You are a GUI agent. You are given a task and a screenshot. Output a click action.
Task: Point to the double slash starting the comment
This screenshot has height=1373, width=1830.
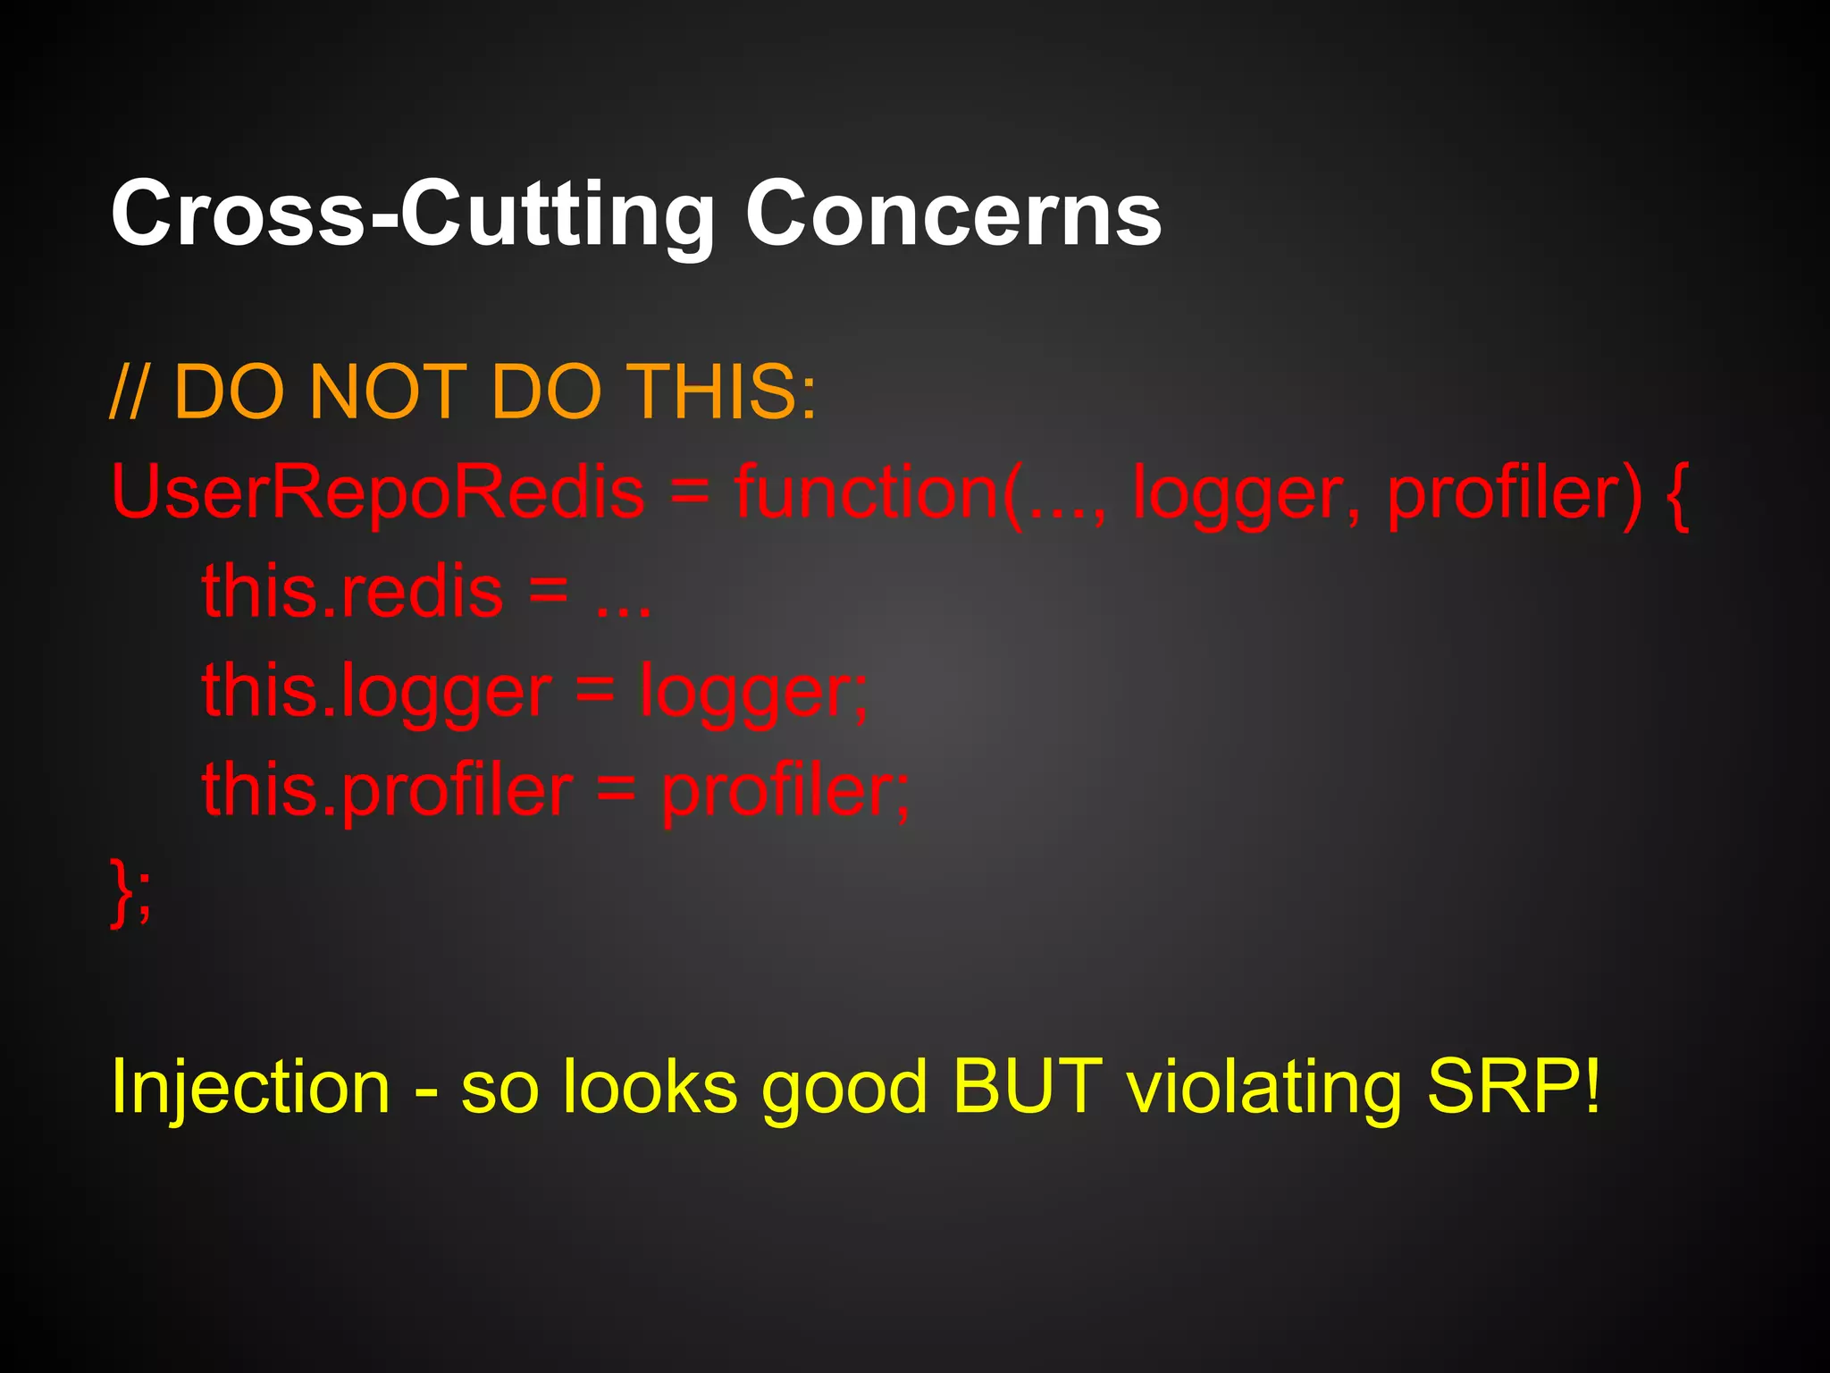point(129,393)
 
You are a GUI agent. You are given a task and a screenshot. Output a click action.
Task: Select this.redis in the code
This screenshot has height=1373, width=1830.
point(352,592)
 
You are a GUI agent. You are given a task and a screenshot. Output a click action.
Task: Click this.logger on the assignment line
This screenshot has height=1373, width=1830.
point(376,691)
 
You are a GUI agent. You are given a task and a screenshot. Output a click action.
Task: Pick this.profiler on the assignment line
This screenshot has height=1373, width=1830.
point(387,790)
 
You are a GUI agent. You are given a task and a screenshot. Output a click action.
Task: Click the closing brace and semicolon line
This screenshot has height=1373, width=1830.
point(130,891)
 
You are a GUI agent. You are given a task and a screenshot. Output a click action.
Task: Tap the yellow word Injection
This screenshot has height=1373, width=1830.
point(250,1088)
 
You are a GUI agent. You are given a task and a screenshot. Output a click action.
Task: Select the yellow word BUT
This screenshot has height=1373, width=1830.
point(1027,1086)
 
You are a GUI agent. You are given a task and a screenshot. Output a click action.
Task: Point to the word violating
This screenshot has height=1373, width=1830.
point(1263,1088)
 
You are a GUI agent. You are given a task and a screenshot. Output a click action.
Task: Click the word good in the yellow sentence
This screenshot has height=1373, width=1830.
point(844,1088)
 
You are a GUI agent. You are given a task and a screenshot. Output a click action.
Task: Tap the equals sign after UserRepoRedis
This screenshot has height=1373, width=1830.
point(689,493)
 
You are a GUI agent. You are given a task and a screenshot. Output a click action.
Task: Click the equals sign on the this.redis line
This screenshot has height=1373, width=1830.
point(549,592)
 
